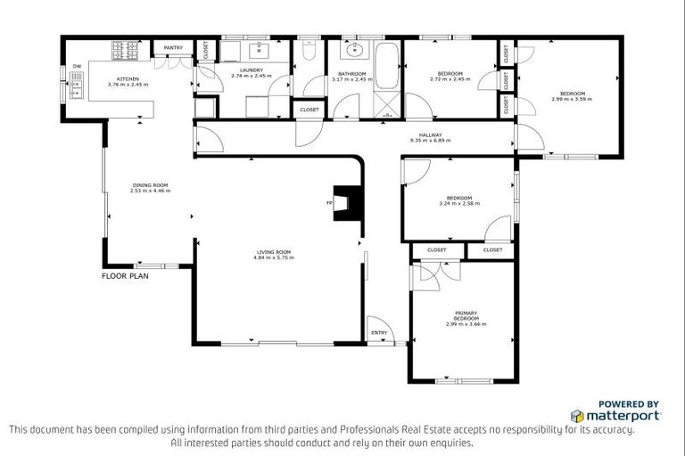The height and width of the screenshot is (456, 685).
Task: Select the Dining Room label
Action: pyautogui.click(x=148, y=185)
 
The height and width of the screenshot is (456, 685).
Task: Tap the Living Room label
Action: pyautogui.click(x=273, y=252)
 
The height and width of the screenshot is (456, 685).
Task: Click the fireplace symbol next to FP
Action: pyautogui.click(x=344, y=203)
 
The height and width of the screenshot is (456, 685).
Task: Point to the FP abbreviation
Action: pyautogui.click(x=329, y=204)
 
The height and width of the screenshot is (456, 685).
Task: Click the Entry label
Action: pyautogui.click(x=379, y=334)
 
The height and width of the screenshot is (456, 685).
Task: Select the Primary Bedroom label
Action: pyautogui.click(x=466, y=313)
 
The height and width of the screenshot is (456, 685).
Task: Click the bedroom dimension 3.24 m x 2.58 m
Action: pyautogui.click(x=458, y=203)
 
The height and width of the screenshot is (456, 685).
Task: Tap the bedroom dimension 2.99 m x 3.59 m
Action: pyautogui.click(x=572, y=99)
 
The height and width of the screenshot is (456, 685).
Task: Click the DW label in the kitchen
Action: pyautogui.click(x=77, y=65)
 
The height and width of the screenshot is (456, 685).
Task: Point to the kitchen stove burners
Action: pyautogui.click(x=122, y=51)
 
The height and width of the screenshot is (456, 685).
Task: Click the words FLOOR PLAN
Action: pyautogui.click(x=125, y=276)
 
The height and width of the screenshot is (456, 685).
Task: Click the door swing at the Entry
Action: pyautogui.click(x=377, y=322)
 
